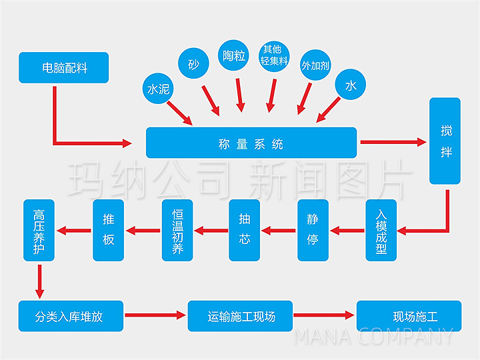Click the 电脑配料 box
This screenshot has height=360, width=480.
click(x=63, y=67)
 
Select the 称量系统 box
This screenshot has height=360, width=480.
click(x=251, y=143)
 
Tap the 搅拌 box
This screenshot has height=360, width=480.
click(x=445, y=141)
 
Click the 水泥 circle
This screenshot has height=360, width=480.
click(x=157, y=89)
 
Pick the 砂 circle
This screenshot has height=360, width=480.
click(x=193, y=65)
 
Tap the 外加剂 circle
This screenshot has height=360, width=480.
click(x=316, y=65)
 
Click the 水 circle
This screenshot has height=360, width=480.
click(x=351, y=85)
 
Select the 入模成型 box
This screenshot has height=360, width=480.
click(x=381, y=230)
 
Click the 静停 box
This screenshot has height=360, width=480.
click(x=313, y=230)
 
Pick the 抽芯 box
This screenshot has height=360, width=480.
click(x=245, y=230)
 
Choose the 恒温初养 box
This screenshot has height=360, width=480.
click(x=177, y=230)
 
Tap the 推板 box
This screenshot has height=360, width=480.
click(x=108, y=230)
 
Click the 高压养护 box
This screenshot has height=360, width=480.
click(x=39, y=230)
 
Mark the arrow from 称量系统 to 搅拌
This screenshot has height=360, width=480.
click(x=393, y=142)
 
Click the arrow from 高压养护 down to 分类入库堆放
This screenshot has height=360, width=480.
click(x=39, y=281)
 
